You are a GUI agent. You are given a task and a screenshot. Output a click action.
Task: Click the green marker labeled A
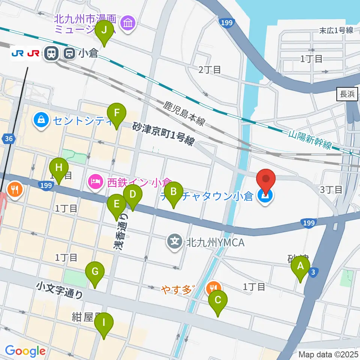coord(300,267)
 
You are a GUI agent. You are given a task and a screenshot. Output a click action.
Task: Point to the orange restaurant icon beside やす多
coord(214,288)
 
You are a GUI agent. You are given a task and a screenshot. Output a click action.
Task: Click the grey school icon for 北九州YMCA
coord(175,241)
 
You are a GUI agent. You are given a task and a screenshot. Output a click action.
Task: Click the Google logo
coord(25,351)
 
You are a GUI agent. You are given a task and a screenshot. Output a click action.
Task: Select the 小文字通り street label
coord(60,291)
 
